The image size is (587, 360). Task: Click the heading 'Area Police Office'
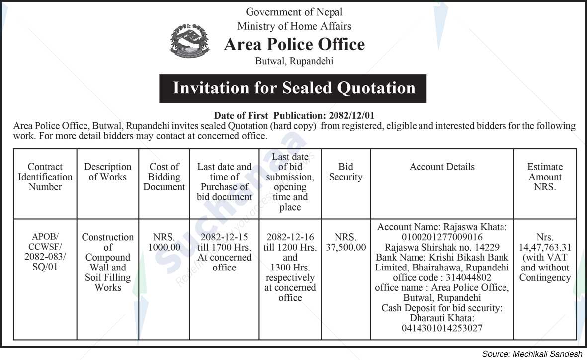(x=294, y=45)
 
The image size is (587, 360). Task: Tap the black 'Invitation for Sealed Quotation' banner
(x=293, y=89)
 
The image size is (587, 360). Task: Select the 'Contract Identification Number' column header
(x=45, y=177)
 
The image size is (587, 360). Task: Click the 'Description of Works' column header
(x=108, y=172)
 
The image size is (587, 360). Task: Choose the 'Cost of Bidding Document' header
(x=164, y=177)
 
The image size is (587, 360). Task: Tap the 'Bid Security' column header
(x=345, y=172)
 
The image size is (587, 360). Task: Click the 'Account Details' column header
(x=442, y=167)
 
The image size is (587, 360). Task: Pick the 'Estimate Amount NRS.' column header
(x=545, y=177)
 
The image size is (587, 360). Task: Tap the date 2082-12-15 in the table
(x=224, y=237)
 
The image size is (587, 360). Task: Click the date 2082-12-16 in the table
(x=290, y=237)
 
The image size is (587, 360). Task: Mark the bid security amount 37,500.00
(x=346, y=247)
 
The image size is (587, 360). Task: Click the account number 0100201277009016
(x=442, y=237)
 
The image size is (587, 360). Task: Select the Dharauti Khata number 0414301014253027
(x=442, y=328)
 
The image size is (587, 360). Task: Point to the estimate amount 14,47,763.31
(x=545, y=247)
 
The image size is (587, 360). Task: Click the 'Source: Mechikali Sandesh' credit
(x=532, y=354)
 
